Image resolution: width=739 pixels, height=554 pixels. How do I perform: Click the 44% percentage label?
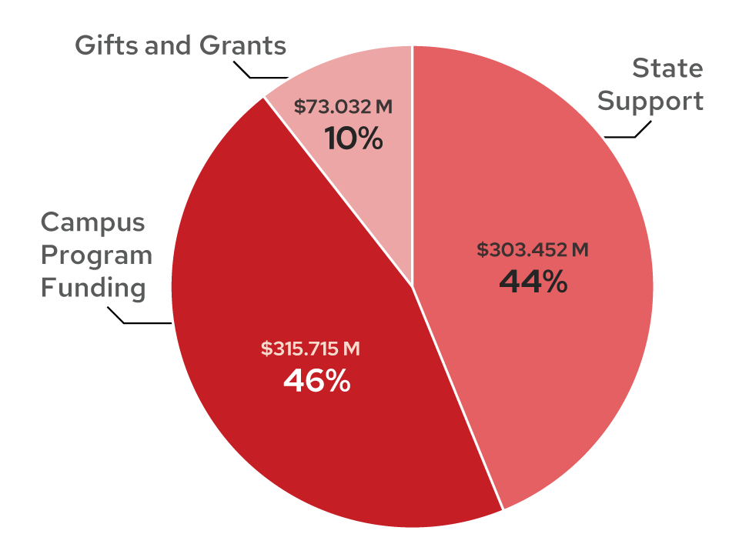point(533,282)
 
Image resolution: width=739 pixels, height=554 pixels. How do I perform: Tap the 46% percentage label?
point(316,381)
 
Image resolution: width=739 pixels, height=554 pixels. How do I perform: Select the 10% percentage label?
point(353,139)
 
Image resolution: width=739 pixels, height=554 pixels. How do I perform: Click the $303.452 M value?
point(533,250)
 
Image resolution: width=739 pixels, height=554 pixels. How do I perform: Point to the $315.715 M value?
point(310,349)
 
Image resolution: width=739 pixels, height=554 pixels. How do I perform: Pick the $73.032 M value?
point(343,107)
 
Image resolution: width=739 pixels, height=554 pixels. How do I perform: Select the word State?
point(667,68)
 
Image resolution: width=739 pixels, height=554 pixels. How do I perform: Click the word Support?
point(651,102)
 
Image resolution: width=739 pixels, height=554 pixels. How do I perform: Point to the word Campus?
point(92,222)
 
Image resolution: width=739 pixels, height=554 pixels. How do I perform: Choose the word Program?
point(96,256)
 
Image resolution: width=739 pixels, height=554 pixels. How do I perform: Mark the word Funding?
point(93,289)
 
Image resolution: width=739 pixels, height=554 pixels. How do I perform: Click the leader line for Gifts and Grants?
point(262,77)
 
